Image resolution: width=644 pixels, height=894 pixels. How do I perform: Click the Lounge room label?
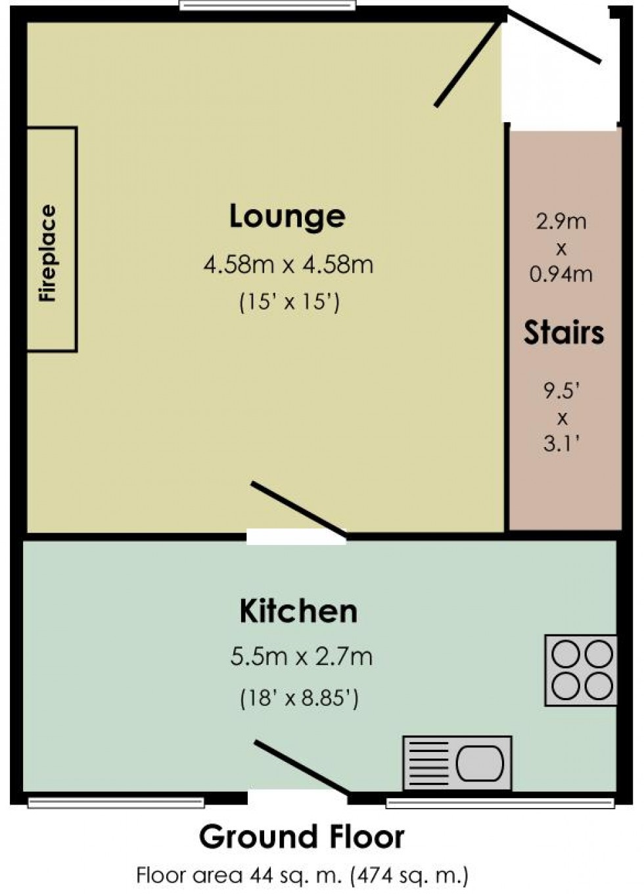click(287, 216)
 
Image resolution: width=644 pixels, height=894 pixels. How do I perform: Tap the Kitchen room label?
click(298, 611)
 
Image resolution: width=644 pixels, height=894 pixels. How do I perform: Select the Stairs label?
click(564, 333)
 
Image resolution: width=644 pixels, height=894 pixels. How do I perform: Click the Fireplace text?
click(48, 254)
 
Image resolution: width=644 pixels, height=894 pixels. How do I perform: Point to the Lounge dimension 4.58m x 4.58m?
click(288, 265)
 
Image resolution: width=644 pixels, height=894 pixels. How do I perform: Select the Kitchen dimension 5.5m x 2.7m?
click(301, 656)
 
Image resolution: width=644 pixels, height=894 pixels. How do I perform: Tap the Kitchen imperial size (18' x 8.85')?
click(299, 697)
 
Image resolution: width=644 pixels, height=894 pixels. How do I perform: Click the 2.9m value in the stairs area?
click(561, 222)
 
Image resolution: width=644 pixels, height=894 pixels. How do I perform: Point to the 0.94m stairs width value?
click(561, 273)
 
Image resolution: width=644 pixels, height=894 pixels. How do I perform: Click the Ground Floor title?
click(302, 837)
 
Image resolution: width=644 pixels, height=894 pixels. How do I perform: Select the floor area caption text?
click(302, 875)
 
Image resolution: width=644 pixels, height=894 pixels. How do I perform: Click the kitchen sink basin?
click(480, 763)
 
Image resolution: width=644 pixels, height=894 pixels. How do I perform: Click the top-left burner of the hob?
click(564, 655)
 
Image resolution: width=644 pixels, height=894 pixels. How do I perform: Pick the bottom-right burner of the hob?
click(599, 687)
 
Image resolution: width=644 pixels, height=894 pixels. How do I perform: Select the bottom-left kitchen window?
click(116, 802)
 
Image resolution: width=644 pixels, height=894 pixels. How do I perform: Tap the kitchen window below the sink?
click(499, 803)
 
